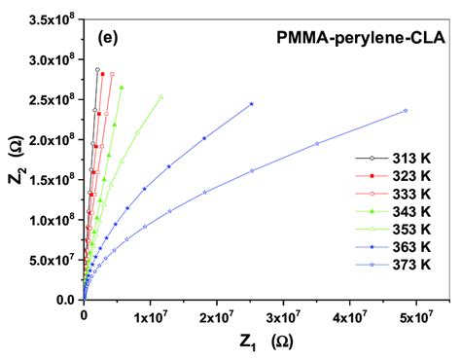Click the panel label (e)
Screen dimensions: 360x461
(110, 38)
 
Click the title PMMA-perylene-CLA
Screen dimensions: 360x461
(358, 39)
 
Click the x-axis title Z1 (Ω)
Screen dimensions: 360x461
(252, 342)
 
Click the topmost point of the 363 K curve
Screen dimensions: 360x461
(252, 104)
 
